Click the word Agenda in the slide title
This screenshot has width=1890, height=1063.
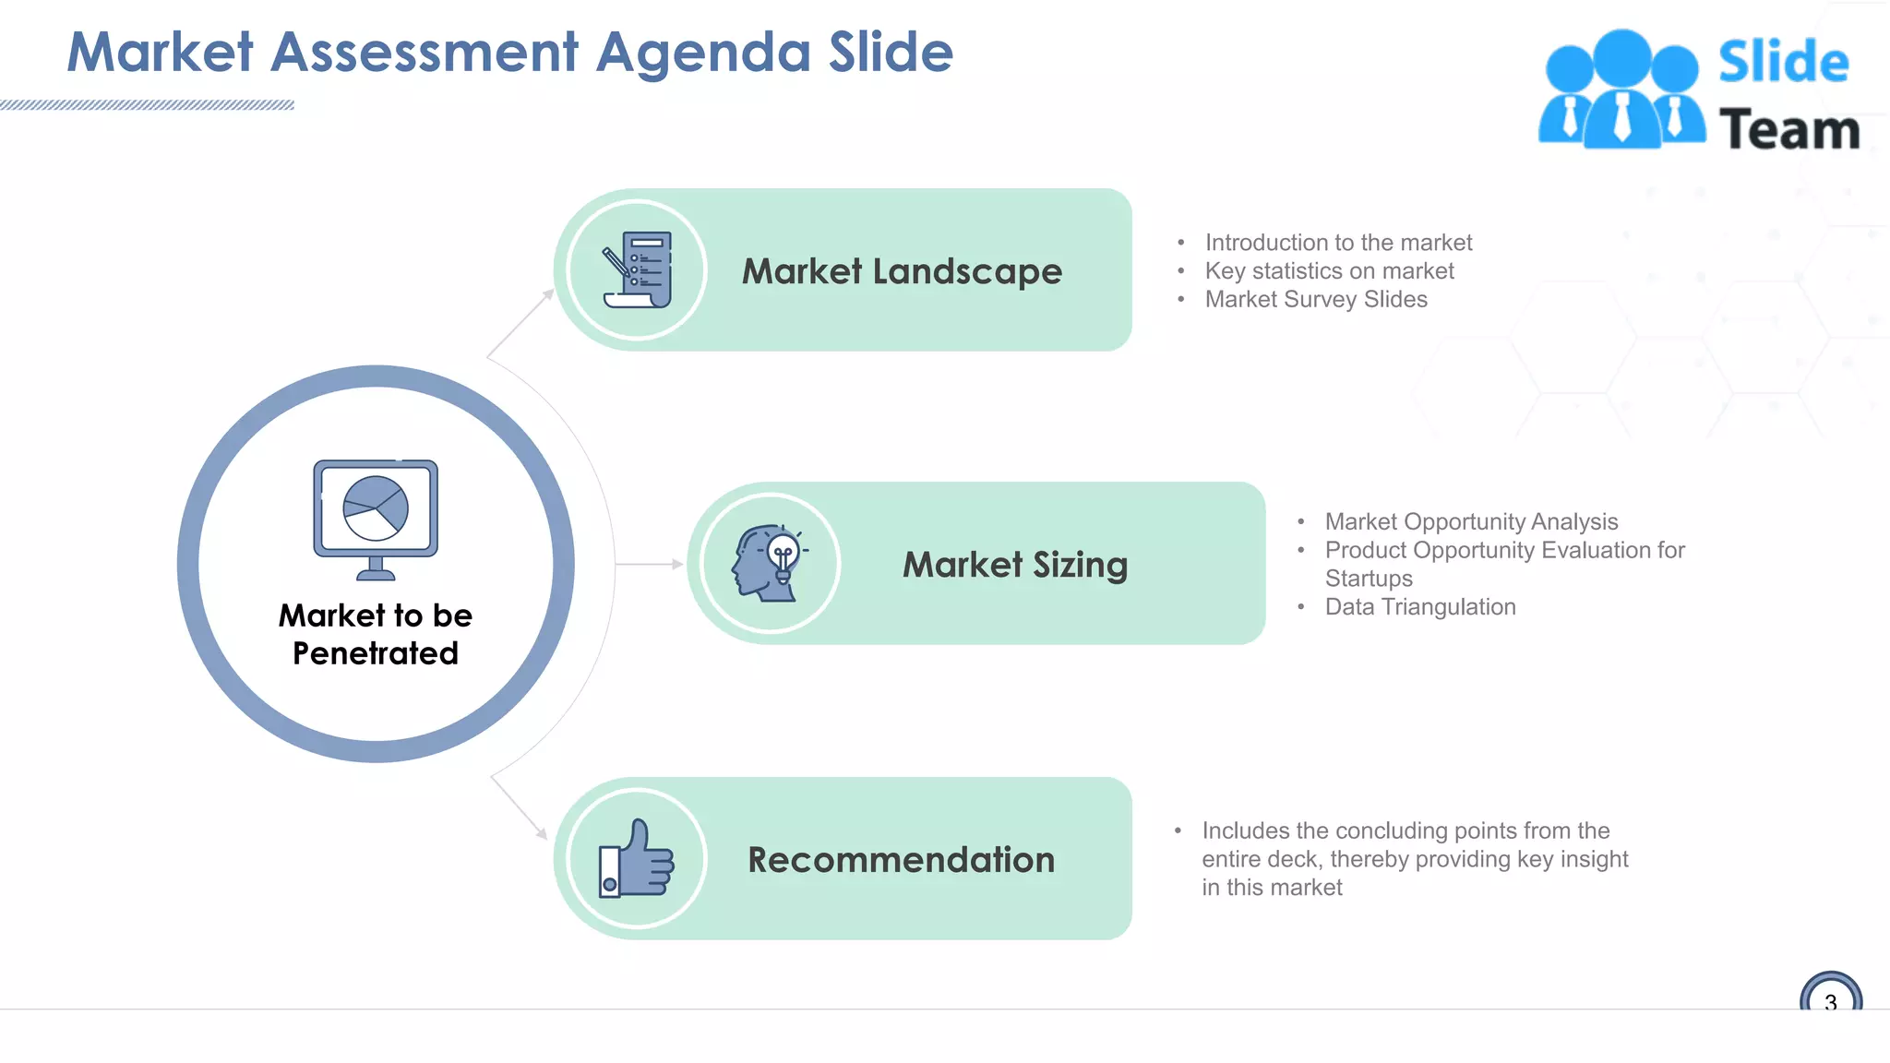coord(703,53)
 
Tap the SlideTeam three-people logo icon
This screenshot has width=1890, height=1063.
coord(1621,90)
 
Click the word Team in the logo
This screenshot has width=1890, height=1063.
coord(1789,130)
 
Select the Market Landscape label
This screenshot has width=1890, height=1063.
coord(902,271)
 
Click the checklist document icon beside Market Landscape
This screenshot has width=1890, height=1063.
coord(637,269)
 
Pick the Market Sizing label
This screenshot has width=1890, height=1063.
coord(1015,565)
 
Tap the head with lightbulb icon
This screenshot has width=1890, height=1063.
coord(770,563)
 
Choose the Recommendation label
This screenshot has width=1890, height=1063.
coord(901,860)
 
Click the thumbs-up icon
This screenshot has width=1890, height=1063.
coord(637,859)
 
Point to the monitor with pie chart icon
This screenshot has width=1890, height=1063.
coord(376,519)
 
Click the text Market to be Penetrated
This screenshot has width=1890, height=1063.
coord(376,634)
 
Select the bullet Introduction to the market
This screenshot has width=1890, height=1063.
coord(1338,243)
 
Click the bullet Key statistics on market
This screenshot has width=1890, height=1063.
coord(1329,271)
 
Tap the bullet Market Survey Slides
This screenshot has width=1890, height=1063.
coord(1316,300)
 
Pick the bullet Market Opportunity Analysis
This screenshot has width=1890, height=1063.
coord(1471,522)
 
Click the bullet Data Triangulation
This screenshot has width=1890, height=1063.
coord(1420,607)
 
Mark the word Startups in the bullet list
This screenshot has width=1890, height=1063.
coord(1369,579)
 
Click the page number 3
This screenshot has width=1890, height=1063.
coord(1830,1001)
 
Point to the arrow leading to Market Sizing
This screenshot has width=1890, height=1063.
coord(650,564)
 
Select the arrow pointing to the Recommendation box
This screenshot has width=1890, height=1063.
coord(520,807)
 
